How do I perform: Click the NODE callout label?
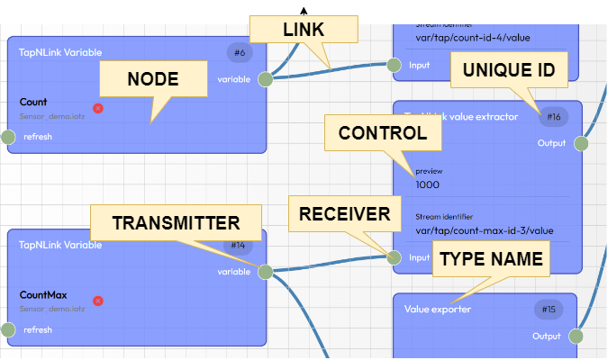pyautogui.click(x=152, y=79)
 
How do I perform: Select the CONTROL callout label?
pyautogui.click(x=382, y=134)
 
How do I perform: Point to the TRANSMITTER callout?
pyautogui.click(x=176, y=222)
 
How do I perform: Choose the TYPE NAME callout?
pyautogui.click(x=491, y=260)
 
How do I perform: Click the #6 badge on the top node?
pyautogui.click(x=240, y=53)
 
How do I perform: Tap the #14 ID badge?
pyautogui.click(x=238, y=245)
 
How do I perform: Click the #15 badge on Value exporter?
pyautogui.click(x=548, y=309)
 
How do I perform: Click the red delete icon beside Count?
pyautogui.click(x=98, y=108)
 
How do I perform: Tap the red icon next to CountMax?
pyautogui.click(x=98, y=301)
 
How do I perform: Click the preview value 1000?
pyautogui.click(x=428, y=184)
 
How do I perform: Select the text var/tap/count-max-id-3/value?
pyautogui.click(x=484, y=230)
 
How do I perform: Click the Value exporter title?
pyautogui.click(x=438, y=310)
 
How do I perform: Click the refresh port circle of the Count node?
pyautogui.click(x=8, y=137)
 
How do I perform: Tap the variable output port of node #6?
pyautogui.click(x=266, y=79)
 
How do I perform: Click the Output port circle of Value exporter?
pyautogui.click(x=576, y=337)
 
